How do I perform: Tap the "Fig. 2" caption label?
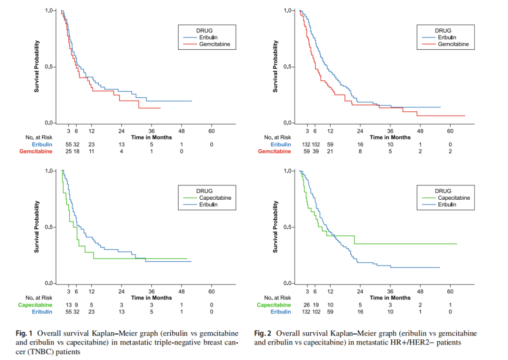(262, 334)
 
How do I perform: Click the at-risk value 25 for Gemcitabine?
(68, 151)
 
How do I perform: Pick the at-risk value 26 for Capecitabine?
(307, 305)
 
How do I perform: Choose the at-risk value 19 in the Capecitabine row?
(316, 305)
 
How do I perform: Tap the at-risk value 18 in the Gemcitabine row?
(76, 151)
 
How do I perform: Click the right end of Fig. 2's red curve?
(465, 116)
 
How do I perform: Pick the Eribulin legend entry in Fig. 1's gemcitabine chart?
(209, 38)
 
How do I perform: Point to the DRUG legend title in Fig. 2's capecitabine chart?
(443, 191)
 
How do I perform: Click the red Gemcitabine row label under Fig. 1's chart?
(35, 151)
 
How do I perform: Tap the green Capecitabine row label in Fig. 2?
(274, 305)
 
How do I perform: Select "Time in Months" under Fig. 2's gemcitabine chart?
(390, 137)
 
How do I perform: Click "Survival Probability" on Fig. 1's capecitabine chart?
(36, 227)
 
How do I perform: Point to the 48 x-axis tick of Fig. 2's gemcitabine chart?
(420, 131)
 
